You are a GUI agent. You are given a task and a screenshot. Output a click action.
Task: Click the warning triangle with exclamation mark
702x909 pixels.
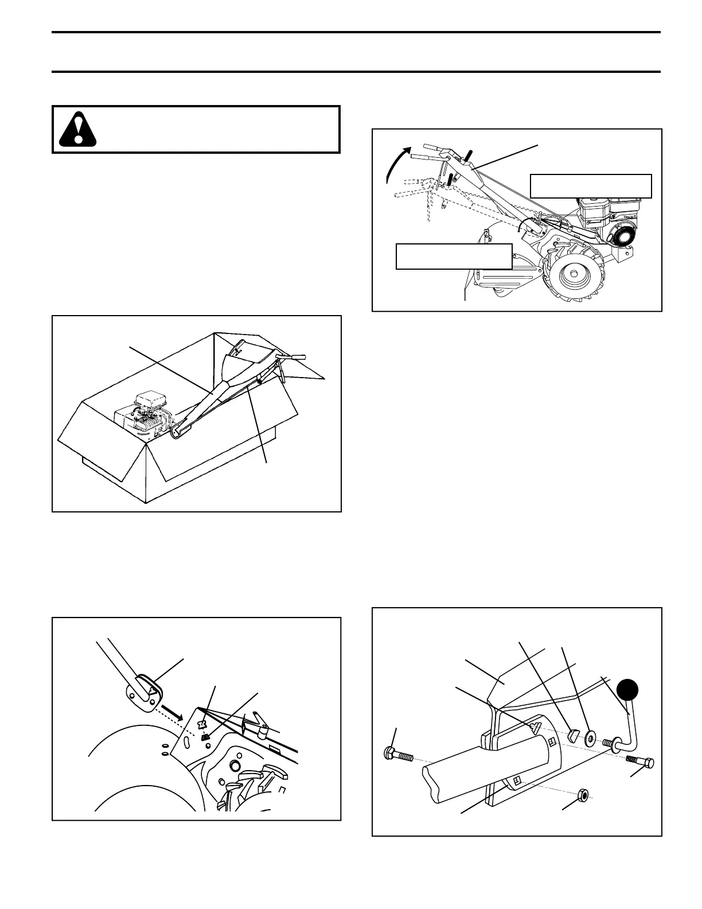[78, 130]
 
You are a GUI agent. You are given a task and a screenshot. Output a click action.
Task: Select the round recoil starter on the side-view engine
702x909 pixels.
[623, 235]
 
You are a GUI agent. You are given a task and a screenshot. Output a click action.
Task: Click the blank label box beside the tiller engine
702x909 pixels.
[591, 186]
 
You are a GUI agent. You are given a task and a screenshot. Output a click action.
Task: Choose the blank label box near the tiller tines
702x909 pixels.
[454, 256]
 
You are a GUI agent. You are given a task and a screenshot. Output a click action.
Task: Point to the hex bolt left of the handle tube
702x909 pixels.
[397, 753]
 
